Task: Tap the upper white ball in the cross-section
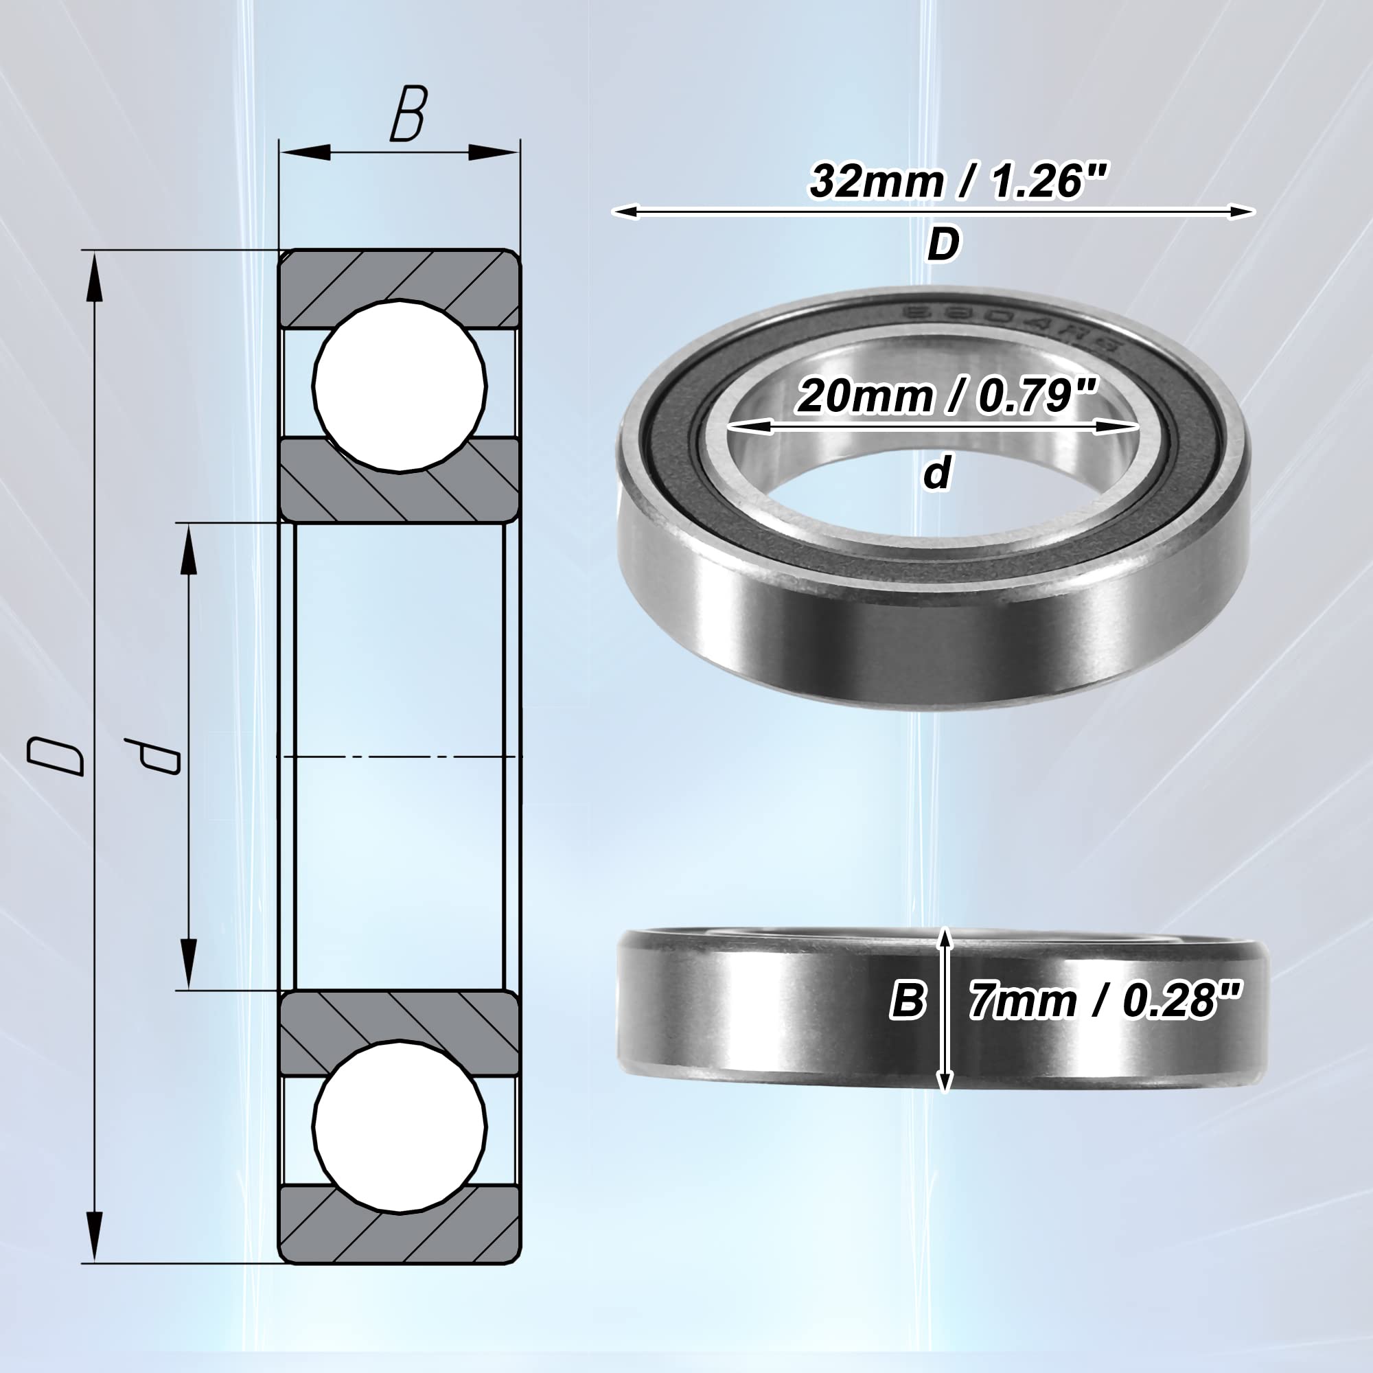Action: (400, 386)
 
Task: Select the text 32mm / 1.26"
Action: (958, 181)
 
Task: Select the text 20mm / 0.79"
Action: (947, 396)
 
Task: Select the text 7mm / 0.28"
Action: (1105, 1001)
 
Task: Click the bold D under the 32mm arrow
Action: (943, 245)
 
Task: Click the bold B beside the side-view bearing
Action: (908, 1001)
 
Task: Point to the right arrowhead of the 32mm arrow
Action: (1240, 211)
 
